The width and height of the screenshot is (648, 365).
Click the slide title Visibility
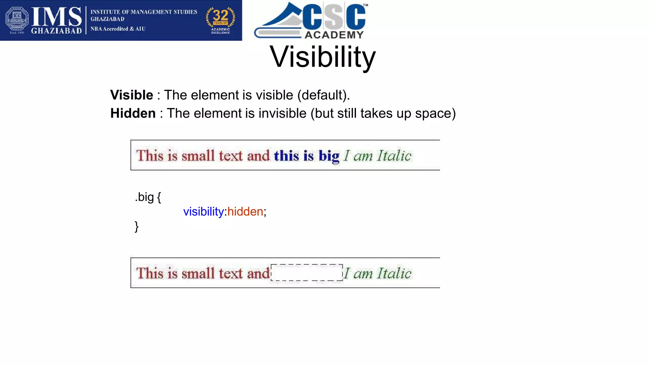pos(322,57)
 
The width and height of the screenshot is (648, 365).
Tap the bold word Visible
pos(132,95)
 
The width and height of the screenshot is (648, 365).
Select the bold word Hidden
pos(133,113)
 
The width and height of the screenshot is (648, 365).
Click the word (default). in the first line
pos(323,95)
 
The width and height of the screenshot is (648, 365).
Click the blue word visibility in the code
pos(203,212)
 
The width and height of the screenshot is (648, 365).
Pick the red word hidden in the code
pos(245,212)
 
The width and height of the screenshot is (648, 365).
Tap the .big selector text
pos(144,197)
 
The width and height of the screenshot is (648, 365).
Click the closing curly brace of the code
pos(137,227)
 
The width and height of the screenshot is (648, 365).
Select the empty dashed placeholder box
pos(307,273)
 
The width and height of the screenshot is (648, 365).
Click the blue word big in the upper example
pos(329,156)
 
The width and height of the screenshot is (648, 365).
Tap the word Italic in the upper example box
pos(394,156)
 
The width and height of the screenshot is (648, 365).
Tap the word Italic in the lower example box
pos(394,273)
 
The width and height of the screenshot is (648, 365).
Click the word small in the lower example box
pos(198,273)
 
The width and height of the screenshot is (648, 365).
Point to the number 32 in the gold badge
pos(221,15)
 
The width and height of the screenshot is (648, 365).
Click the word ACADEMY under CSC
pos(334,35)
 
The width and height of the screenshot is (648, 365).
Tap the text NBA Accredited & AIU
pos(118,29)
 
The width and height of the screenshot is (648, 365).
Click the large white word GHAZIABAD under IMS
pos(56,31)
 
